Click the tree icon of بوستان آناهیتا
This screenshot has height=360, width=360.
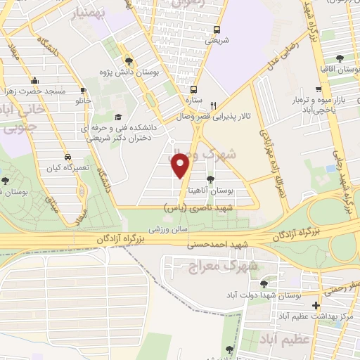211,180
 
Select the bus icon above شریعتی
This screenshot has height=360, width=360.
217,30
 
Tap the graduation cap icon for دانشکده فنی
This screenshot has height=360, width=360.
117,117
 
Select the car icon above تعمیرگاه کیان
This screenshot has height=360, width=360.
67,158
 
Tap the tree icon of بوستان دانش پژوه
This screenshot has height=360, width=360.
127,60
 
